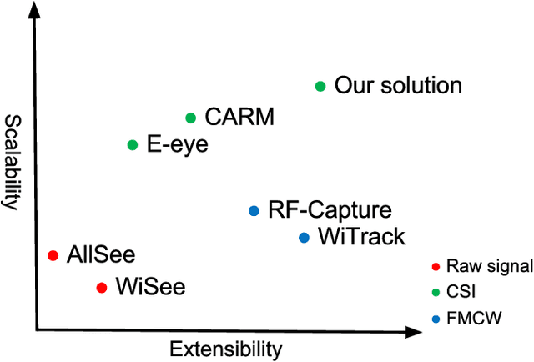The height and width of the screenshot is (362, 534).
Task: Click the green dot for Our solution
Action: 320,86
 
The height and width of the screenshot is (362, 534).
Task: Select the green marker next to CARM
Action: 190,118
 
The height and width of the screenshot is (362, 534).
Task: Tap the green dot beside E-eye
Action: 132,145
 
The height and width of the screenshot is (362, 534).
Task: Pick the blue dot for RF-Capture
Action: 254,211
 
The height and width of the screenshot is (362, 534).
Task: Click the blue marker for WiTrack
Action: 304,238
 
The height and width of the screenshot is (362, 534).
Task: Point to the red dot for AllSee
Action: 53,255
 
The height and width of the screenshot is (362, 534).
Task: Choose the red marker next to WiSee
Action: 102,288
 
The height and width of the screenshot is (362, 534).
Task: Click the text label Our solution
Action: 398,85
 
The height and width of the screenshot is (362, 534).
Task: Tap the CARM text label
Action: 239,118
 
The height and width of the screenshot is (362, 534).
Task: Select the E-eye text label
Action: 178,144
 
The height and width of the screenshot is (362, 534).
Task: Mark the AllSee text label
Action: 100,254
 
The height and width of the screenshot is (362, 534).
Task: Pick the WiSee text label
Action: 150,287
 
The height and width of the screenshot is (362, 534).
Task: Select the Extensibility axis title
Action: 225,348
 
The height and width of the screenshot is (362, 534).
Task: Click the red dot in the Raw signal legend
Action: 436,267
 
